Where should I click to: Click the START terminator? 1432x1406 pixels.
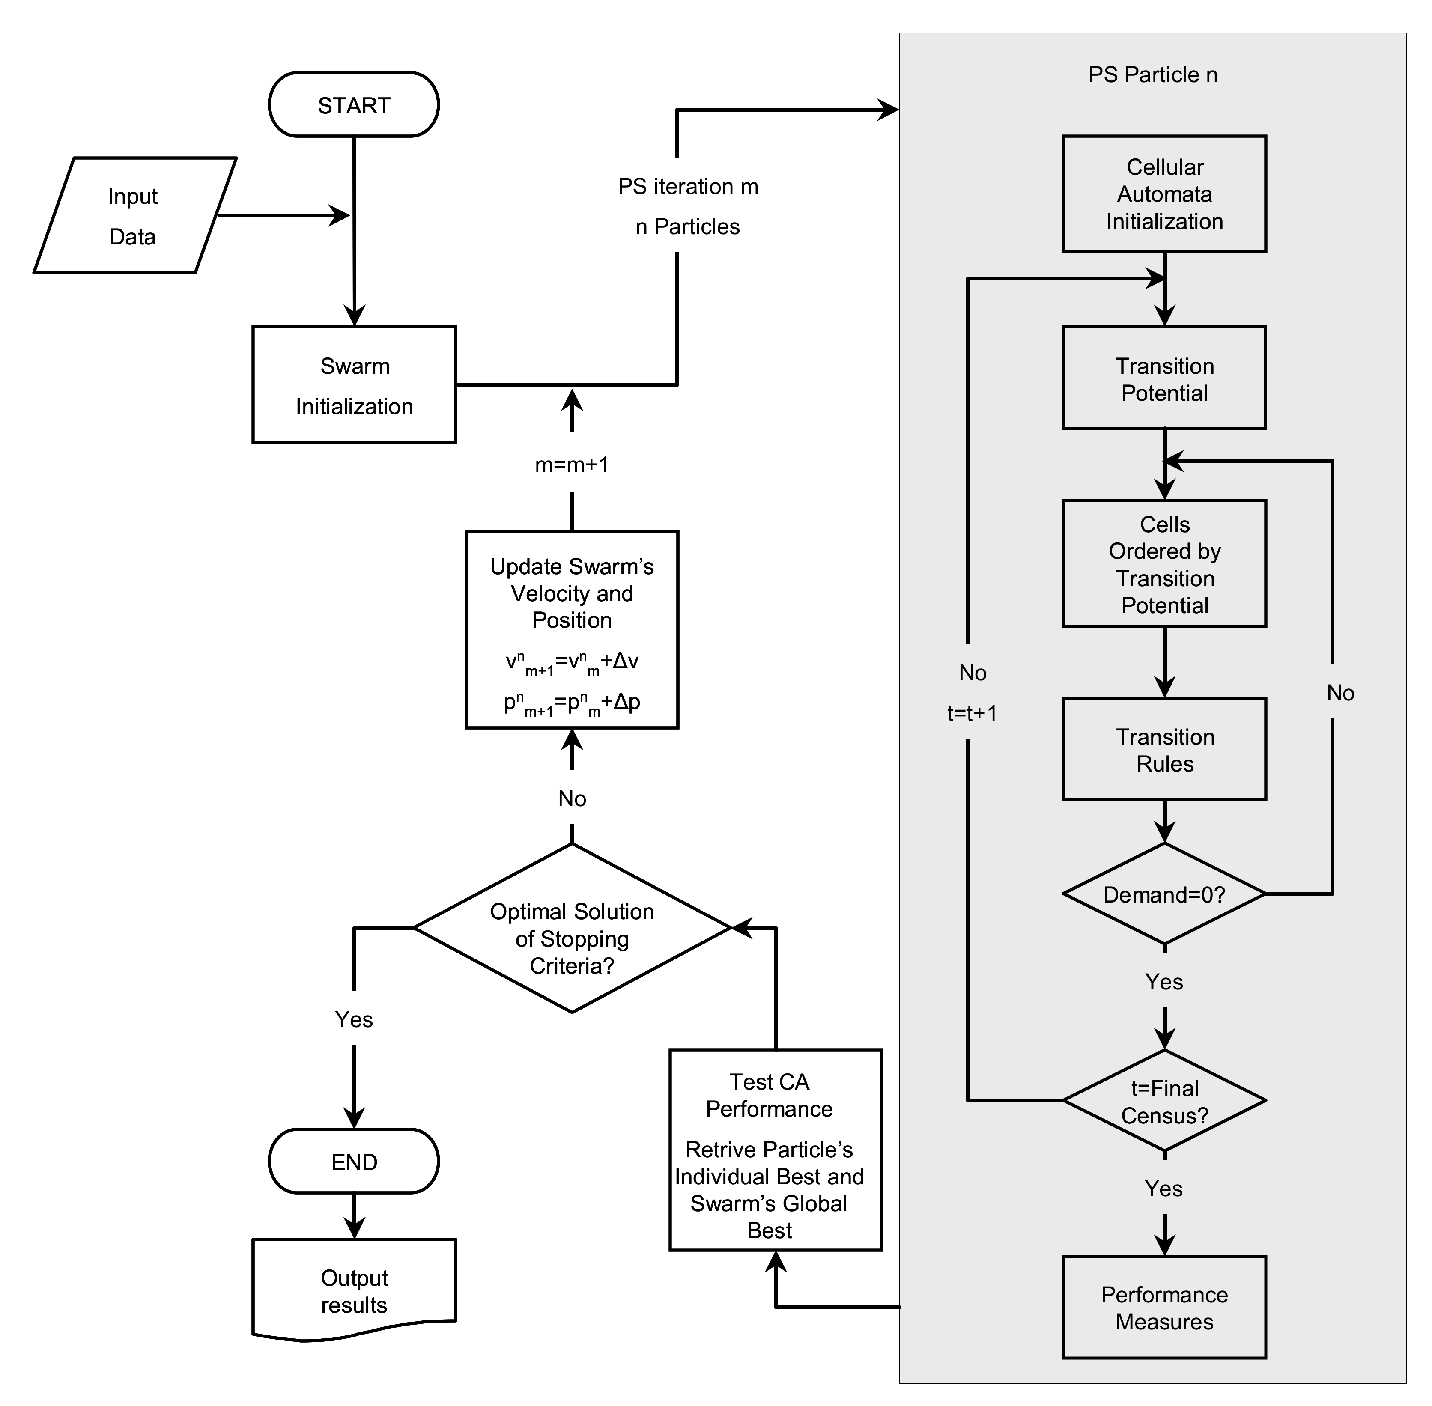354,105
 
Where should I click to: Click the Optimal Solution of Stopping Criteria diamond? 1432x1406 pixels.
572,928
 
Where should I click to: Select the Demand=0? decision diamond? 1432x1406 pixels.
1164,894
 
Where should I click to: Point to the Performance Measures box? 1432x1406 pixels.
1164,1308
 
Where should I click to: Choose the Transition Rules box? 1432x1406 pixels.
1164,750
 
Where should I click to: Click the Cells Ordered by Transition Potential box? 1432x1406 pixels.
1164,564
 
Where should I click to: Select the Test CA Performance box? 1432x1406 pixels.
776,1150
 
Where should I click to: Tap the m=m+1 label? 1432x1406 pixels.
572,465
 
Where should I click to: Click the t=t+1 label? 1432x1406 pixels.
972,713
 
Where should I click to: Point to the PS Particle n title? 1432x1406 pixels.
1152,74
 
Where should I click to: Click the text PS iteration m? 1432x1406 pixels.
688,186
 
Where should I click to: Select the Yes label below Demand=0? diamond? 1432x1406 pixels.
1164,981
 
